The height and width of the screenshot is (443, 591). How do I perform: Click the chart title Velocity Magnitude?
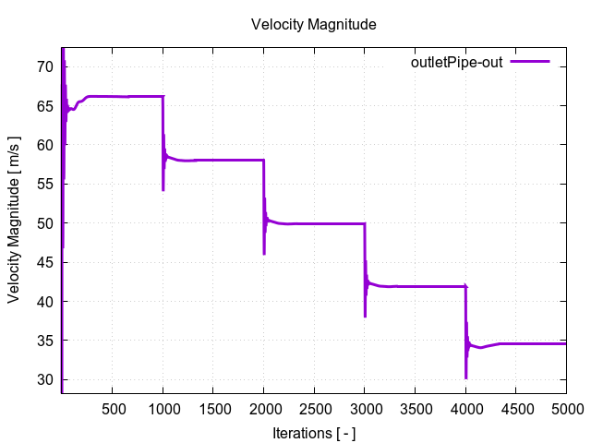314,25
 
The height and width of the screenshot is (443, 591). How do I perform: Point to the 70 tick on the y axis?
42,66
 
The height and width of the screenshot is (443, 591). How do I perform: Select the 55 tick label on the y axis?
42,184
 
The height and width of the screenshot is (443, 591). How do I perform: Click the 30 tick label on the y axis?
42,379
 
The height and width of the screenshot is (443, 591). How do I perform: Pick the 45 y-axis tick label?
42,262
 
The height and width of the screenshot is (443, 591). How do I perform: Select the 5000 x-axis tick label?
565,408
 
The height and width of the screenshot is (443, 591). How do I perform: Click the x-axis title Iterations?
314,432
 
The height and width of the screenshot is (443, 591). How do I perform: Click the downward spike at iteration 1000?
163,187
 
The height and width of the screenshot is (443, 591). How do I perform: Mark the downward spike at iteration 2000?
264,251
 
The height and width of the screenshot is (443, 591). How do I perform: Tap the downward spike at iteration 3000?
365,314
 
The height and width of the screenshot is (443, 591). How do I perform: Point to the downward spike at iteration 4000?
465,375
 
